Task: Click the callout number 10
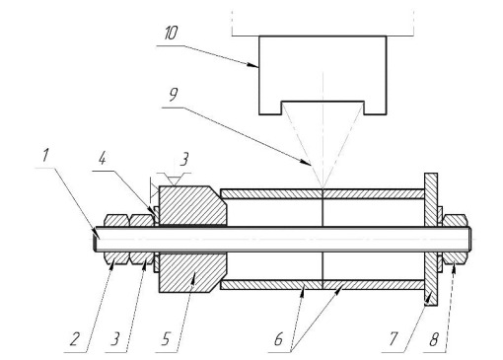pos(171,34)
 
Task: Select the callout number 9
pos(174,95)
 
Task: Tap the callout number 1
pos(45,155)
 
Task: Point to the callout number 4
pos(103,159)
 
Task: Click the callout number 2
pos(75,339)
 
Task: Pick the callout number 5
pos(166,339)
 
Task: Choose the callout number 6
pos(278,339)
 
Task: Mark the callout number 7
pos(394,339)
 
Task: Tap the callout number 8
pos(434,339)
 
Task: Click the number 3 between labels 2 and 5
pos(114,339)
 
